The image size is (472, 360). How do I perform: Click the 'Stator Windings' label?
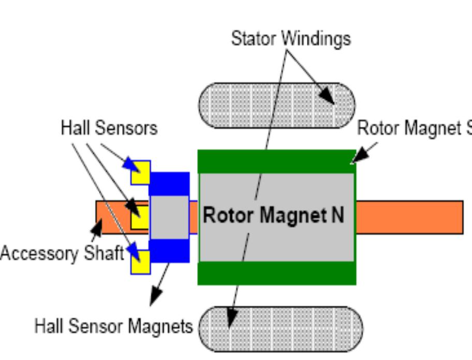click(290, 38)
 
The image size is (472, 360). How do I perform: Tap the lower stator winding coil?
click(281, 328)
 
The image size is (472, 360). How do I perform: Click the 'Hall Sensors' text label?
click(109, 128)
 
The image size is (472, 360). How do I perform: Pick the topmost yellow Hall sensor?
click(140, 173)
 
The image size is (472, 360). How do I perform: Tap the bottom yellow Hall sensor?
click(140, 262)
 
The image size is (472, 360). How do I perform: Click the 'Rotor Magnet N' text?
click(273, 215)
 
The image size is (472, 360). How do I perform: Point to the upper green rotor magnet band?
click(277, 161)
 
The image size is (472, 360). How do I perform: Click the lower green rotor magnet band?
click(277, 273)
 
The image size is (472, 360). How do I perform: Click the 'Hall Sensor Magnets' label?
click(113, 326)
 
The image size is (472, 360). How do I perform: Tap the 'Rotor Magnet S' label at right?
click(414, 128)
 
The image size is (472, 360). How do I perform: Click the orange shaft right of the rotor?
click(409, 217)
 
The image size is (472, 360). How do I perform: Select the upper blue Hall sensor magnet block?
click(170, 184)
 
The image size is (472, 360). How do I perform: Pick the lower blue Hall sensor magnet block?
click(170, 251)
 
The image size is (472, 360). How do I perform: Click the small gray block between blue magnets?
click(169, 217)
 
